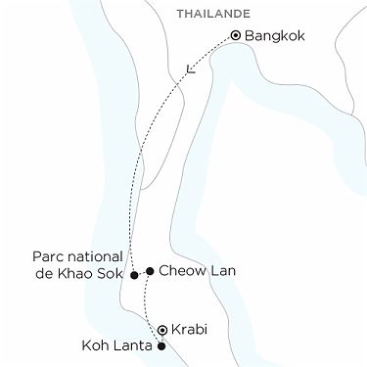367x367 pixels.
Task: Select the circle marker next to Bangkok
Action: point(236,36)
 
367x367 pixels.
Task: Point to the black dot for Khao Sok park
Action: point(134,275)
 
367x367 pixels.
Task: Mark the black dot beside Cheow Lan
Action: point(149,270)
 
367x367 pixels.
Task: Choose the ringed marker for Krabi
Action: point(162,330)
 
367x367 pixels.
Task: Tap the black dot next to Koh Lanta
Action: point(161,346)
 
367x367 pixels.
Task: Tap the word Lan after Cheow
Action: point(221,270)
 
